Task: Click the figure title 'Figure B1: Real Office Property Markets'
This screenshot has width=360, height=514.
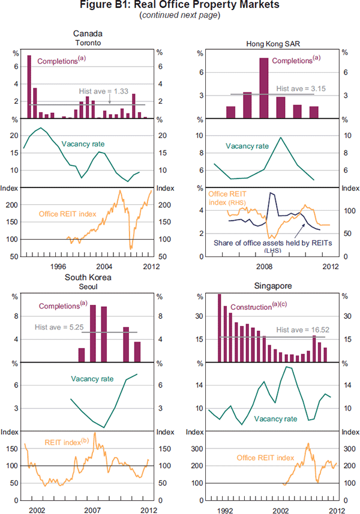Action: [180, 5]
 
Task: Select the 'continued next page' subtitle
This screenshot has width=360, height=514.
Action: [180, 15]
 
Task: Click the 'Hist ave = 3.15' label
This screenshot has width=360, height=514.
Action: [296, 88]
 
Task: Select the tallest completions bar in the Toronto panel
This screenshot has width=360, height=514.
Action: [29, 86]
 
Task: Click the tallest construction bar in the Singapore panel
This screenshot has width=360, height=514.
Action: [219, 328]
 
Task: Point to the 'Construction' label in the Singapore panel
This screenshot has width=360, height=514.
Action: [244, 306]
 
